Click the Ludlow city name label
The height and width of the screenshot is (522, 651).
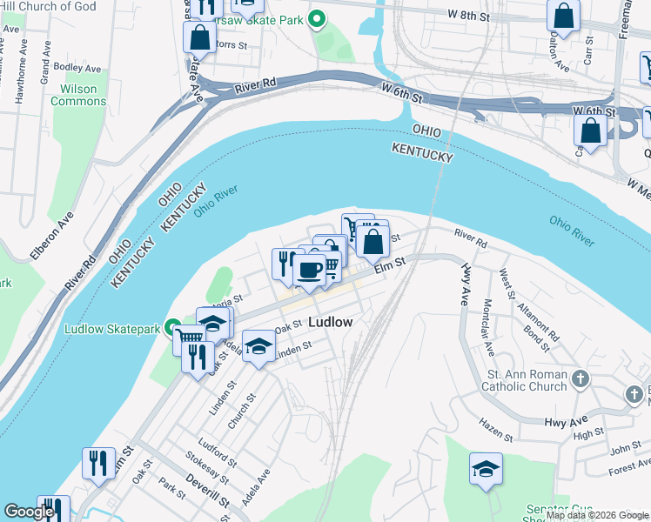click(x=331, y=322)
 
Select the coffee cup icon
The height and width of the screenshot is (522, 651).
click(x=309, y=270)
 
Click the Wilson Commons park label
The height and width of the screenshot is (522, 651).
click(x=78, y=95)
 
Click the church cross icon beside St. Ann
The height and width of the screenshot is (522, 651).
click(x=582, y=379)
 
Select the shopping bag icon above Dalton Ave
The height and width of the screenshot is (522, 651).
click(x=563, y=17)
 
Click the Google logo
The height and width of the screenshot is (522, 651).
click(x=29, y=512)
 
